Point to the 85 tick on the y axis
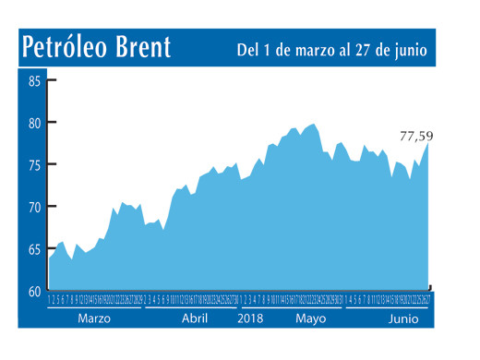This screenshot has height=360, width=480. pyautogui.click(x=34, y=81)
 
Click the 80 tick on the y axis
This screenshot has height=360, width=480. pyautogui.click(x=34, y=123)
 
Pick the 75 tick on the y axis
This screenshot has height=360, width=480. pyautogui.click(x=34, y=165)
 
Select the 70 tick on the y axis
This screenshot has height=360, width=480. pyautogui.click(x=34, y=208)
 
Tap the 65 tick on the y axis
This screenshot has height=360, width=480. pyautogui.click(x=34, y=249)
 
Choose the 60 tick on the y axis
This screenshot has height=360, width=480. pyautogui.click(x=34, y=291)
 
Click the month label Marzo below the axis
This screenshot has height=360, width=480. pyautogui.click(x=95, y=318)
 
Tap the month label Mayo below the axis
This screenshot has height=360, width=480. pyautogui.click(x=311, y=318)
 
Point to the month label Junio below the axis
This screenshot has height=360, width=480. pyautogui.click(x=403, y=318)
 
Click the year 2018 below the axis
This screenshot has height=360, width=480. pyautogui.click(x=251, y=318)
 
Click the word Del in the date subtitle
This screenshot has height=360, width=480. pyautogui.click(x=247, y=49)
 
